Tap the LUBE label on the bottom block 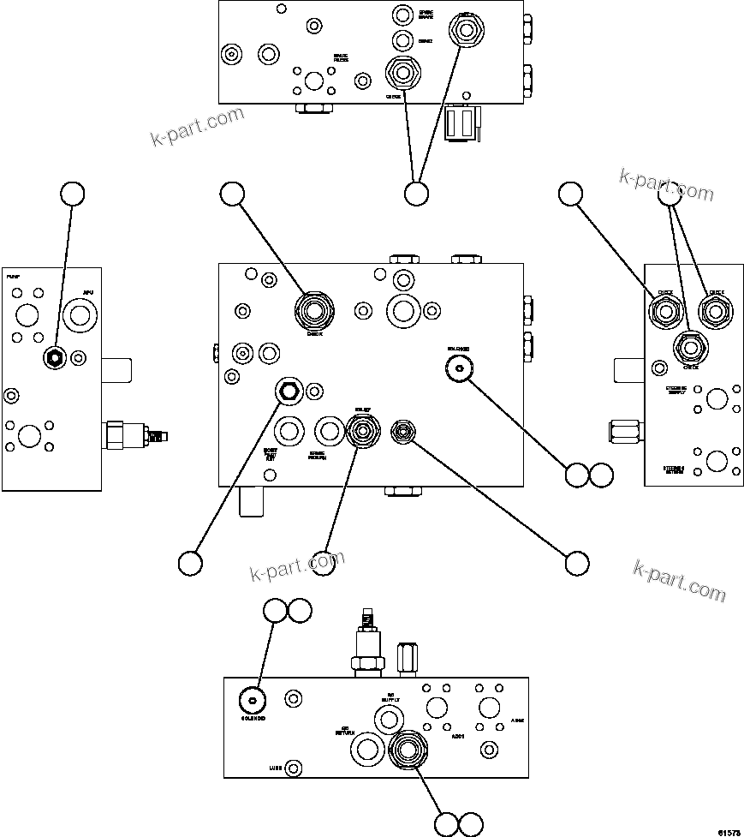tap(275, 768)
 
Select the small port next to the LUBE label tap(294, 768)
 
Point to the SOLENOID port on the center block tap(461, 368)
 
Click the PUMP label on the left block tap(13, 278)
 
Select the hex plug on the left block tap(54, 358)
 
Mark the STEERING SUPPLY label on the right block tap(682, 392)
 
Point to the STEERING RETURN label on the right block tap(682, 470)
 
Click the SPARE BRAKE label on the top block tap(426, 15)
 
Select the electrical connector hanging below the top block tap(462, 122)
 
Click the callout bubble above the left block tap(72, 194)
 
